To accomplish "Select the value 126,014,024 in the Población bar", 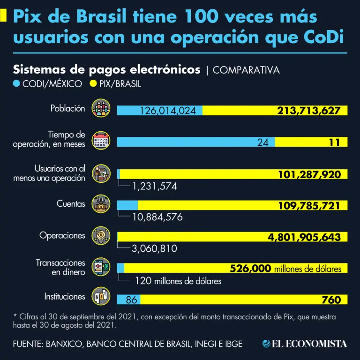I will click(x=168, y=111).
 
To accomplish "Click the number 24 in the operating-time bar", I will click(x=262, y=142).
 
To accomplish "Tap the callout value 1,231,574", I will click(x=154, y=186).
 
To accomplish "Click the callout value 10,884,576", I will click(x=157, y=217).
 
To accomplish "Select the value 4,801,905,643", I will click(x=304, y=237).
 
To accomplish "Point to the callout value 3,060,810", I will click(x=154, y=249).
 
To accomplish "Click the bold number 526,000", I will click(x=250, y=269).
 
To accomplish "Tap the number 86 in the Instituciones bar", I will click(x=131, y=300).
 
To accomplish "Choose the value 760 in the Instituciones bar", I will click(x=331, y=300).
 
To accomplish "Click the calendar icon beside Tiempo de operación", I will click(x=101, y=140).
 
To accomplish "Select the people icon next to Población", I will click(x=101, y=108).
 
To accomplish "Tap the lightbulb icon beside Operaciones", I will click(x=101, y=235).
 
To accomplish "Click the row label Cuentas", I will click(x=71, y=204).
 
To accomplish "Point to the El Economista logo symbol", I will click(x=267, y=344).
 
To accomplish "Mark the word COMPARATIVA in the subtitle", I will click(x=246, y=70).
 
